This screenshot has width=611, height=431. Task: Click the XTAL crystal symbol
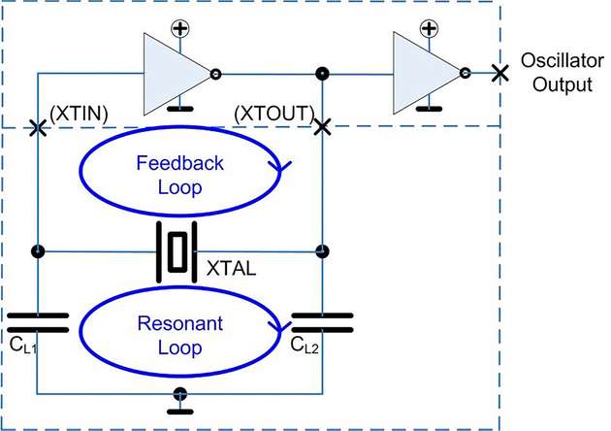coord(177,251)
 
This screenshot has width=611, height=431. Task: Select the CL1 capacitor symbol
coord(37,322)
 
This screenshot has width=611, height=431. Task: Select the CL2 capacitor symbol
coord(321,322)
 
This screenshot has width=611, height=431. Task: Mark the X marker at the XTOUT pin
coord(322,127)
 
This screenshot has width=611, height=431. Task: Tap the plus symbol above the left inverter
coord(180,28)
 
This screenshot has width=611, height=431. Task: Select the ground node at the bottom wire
coord(179,394)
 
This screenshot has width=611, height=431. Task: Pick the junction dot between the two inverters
coord(322,73)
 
